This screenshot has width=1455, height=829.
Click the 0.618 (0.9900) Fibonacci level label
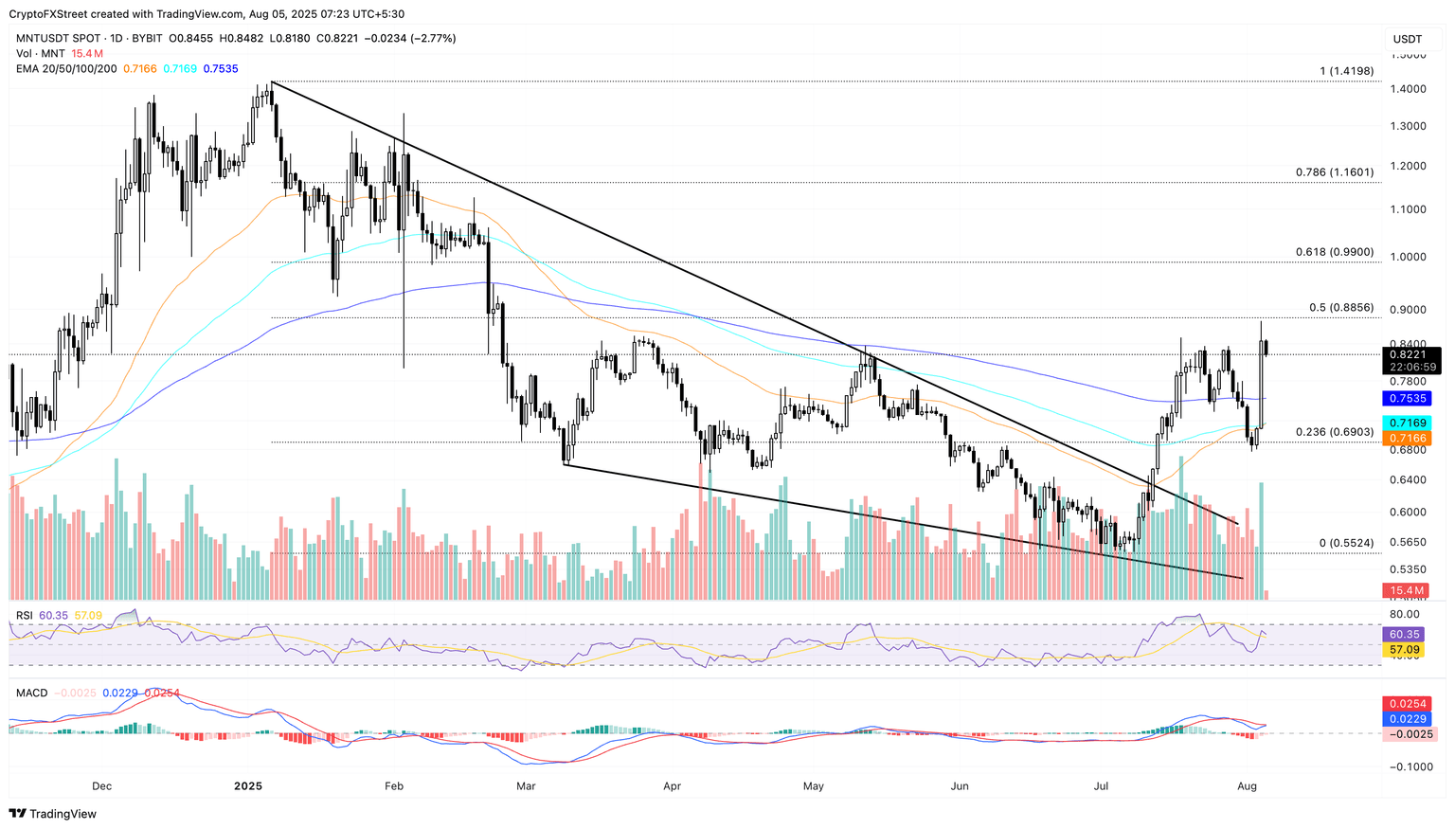pos(1334,253)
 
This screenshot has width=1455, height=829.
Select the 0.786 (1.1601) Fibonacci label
pos(1334,172)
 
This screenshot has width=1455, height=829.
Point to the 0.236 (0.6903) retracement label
pos(1334,432)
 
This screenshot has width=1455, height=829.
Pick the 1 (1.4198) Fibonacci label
pos(1345,72)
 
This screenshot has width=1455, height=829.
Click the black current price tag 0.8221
pos(1411,354)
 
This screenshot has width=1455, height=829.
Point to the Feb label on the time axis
pos(394,786)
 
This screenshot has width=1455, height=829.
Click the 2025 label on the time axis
pos(247,786)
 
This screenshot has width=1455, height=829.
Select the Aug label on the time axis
pos(1247,786)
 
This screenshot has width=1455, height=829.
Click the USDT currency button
pos(1407,39)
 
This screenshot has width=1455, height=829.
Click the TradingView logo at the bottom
pos(53,814)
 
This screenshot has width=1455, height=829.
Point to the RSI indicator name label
pos(24,616)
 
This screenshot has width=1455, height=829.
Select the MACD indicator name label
pos(31,694)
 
